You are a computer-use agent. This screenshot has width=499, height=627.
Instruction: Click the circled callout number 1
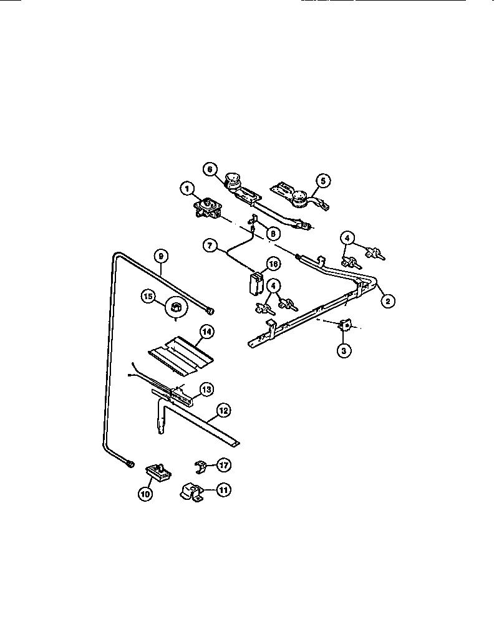coord(185,187)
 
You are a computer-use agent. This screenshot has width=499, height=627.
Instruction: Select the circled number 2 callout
coord(387,301)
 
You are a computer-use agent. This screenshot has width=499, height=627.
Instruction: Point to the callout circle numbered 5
coord(322,181)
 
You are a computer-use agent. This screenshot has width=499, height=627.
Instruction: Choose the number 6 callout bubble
coord(210,169)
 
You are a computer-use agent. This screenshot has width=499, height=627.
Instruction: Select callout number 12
coord(223,410)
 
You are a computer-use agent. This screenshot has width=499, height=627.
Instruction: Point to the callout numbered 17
coord(223,464)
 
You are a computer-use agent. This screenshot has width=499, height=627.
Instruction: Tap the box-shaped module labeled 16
coord(254,282)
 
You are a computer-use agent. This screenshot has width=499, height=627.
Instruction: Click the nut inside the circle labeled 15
coord(176,307)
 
